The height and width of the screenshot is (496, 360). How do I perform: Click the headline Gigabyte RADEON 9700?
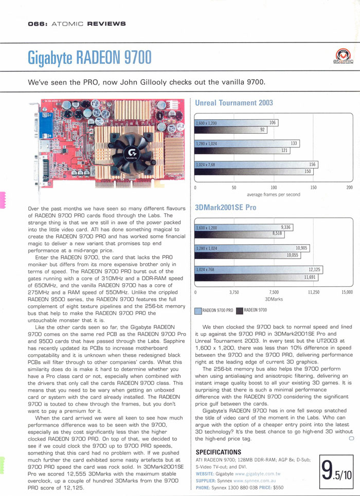pyautogui.click(x=90, y=57)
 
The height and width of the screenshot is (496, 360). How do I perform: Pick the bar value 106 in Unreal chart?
pyautogui.click(x=273, y=123)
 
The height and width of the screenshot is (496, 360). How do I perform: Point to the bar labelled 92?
pyautogui.click(x=262, y=130)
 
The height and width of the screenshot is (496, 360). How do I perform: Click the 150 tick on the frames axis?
pyautogui.click(x=313, y=188)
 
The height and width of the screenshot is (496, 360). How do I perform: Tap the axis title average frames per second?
pyautogui.click(x=274, y=194)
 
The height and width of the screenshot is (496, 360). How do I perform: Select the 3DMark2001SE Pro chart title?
pyautogui.click(x=226, y=208)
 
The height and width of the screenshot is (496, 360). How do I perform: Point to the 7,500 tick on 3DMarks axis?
pyautogui.click(x=274, y=292)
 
